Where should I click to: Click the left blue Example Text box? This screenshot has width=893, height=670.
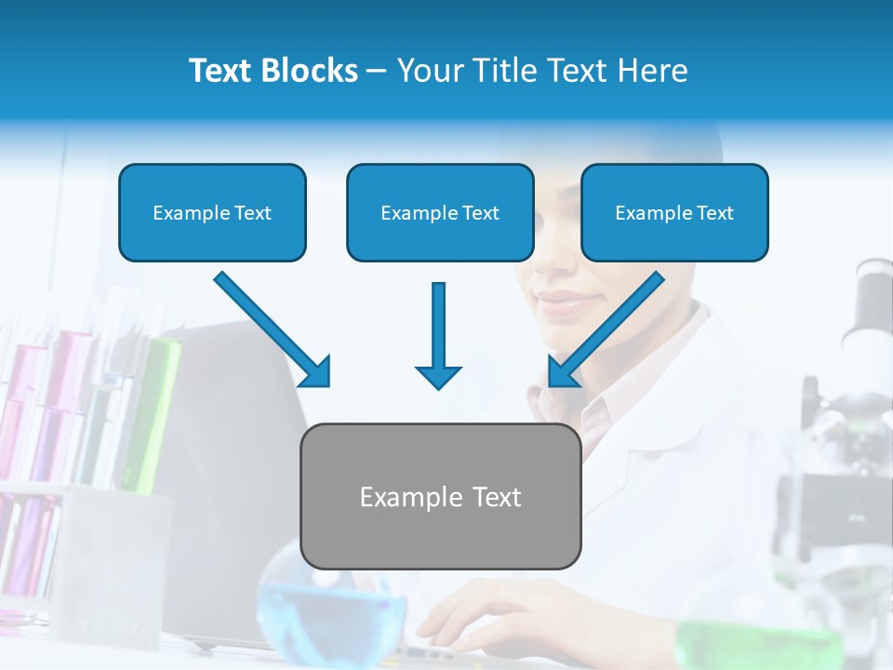pyautogui.click(x=212, y=213)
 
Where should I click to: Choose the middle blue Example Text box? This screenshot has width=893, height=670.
pyautogui.click(x=440, y=213)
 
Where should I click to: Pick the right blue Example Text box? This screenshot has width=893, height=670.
pyautogui.click(x=674, y=213)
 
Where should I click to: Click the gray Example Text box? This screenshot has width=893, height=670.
pyautogui.click(x=440, y=497)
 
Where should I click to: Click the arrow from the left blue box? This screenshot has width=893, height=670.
pyautogui.click(x=274, y=330)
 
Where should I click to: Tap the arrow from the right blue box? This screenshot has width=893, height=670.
pyautogui.click(x=605, y=330)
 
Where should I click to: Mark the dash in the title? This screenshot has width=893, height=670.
pyautogui.click(x=377, y=72)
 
